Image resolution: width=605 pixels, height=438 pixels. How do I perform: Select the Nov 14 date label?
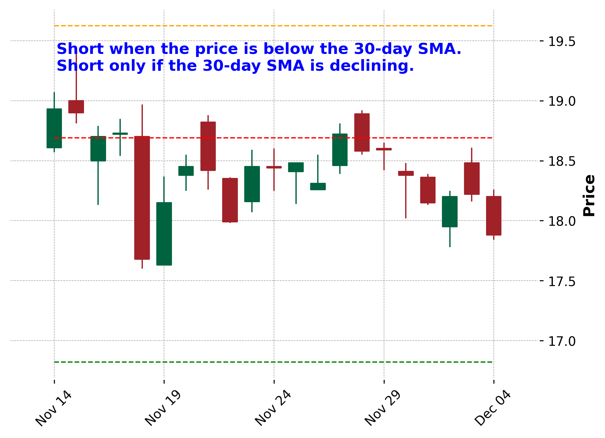tap(54, 409)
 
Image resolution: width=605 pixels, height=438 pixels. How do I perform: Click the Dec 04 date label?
tap(493, 409)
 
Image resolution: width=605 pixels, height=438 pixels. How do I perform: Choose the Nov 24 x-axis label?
tap(273, 409)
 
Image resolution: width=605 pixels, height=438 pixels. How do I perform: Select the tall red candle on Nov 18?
tap(142, 198)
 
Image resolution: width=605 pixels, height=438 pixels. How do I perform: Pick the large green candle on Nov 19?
tap(164, 234)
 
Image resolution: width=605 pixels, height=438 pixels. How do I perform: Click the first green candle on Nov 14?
tap(54, 128)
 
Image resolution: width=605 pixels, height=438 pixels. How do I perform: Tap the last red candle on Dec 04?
tap(493, 216)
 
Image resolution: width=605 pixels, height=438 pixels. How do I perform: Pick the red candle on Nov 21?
tap(208, 146)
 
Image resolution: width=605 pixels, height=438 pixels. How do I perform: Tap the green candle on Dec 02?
tap(450, 212)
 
